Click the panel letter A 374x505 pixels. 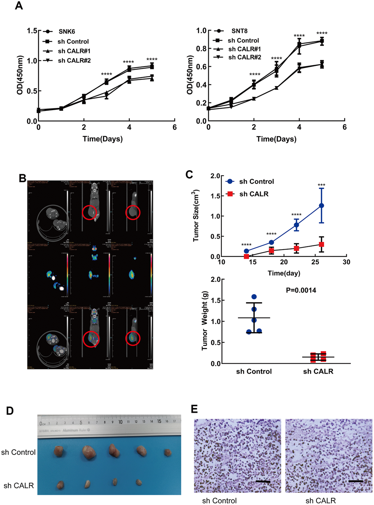pos(19,6)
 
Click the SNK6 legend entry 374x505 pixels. pos(66,31)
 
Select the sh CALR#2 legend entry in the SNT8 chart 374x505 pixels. pos(245,57)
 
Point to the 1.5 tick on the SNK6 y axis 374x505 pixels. pos(32,31)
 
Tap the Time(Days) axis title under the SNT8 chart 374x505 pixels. pos(276,139)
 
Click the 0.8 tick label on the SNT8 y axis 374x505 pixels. pos(201,49)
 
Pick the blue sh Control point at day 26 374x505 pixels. pos(322,206)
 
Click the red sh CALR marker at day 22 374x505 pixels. pos(296,248)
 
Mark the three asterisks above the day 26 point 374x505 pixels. pos(322,185)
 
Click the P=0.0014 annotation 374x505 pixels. pos(301,290)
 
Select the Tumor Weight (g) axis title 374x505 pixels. pos(205,321)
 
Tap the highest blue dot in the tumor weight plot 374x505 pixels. pos(254,297)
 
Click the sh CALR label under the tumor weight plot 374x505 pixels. pos(318,371)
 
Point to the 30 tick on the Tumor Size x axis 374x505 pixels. pos(346,262)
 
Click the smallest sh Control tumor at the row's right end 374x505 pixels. pos(168,452)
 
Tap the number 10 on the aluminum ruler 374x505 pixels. pos(120,422)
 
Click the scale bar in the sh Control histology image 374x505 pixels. pos(263,482)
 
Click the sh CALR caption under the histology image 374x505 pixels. pos(320,501)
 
